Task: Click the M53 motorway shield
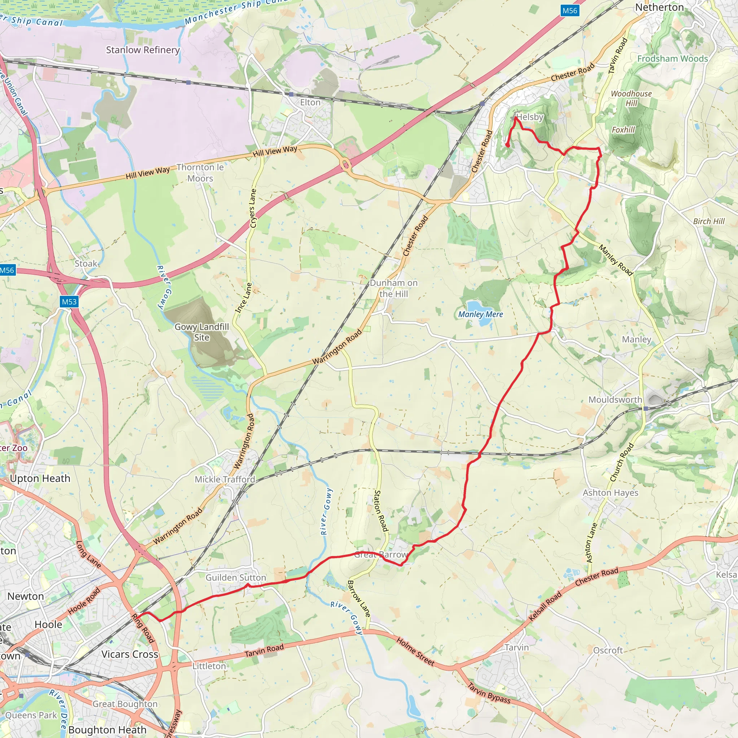pos(69,301)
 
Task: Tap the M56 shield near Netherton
pos(570,10)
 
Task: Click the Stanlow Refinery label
pos(142,50)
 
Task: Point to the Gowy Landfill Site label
pos(201,332)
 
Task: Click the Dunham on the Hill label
pos(394,288)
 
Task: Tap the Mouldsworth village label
pos(615,400)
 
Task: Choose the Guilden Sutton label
pos(236,578)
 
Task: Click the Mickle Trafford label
pos(224,479)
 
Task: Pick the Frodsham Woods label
pos(672,58)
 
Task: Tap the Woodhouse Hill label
pos(631,98)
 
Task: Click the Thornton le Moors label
pos(200,173)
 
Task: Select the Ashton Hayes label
pos(610,493)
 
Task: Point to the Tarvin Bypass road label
pos(489,693)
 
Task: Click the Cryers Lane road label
pos(253,208)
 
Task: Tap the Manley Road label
pos(615,260)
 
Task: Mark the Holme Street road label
pos(415,651)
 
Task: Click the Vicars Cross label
pos(130,654)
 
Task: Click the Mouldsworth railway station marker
pos(645,408)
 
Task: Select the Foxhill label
pos(623,130)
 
